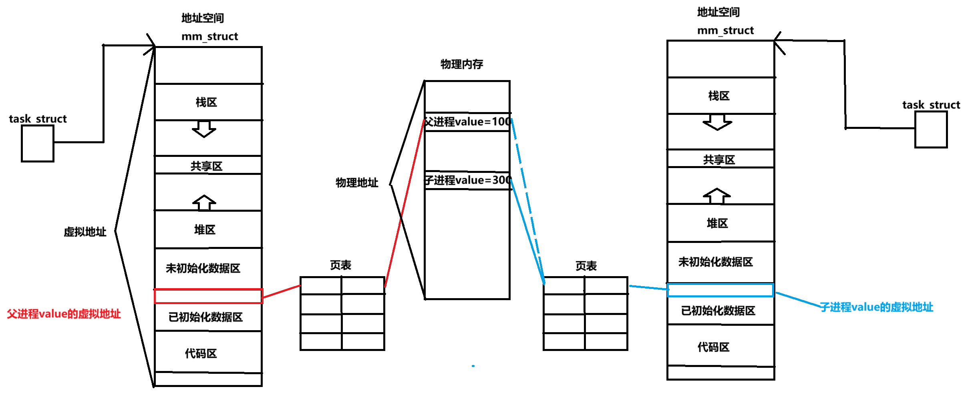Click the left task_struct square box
coord(37,143)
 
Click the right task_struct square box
coord(931,129)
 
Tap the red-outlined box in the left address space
coord(208,296)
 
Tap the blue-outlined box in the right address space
coord(720,290)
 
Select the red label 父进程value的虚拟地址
coord(64,314)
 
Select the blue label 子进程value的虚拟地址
coord(876,307)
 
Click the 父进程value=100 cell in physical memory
coord(467,122)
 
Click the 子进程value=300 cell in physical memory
coord(467,180)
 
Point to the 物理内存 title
coord(462,64)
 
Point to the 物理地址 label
coord(357,182)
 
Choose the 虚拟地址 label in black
coord(85,232)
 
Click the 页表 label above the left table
coord(340,265)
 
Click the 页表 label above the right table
coord(586,266)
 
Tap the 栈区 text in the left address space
coord(206,102)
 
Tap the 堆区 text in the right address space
coord(717,223)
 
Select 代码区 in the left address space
coord(201,353)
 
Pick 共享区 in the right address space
coord(719,160)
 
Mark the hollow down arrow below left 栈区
coord(204,129)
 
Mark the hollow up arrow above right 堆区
coord(717,196)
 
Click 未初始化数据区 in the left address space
coord(203,268)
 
